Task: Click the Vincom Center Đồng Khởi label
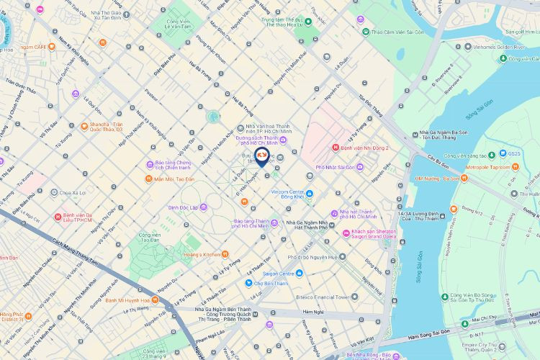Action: click(x=278, y=197)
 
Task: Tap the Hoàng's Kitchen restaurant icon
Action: click(x=225, y=253)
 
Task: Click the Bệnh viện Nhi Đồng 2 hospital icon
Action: click(x=336, y=148)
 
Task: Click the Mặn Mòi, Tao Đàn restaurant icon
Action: click(x=148, y=179)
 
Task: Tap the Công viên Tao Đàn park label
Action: click(x=150, y=239)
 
